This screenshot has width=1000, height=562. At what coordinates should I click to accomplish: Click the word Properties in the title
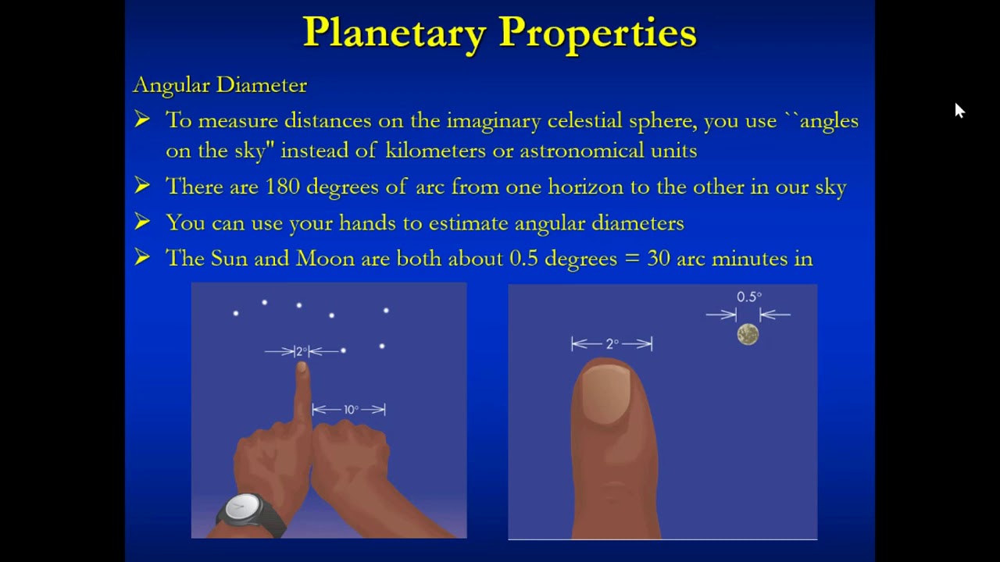click(x=598, y=33)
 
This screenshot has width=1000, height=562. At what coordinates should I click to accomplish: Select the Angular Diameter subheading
click(x=220, y=84)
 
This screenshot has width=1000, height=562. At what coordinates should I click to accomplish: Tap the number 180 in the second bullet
click(x=283, y=187)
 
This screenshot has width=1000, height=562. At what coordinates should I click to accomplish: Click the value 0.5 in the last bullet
click(x=523, y=258)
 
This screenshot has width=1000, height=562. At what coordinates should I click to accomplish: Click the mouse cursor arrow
click(x=959, y=110)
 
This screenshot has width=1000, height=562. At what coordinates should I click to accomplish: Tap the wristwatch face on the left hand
click(x=243, y=508)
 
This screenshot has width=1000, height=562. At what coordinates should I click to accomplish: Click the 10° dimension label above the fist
click(x=351, y=409)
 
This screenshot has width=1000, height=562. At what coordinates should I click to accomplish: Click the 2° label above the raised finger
click(x=301, y=351)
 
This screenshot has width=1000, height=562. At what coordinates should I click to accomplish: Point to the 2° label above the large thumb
click(x=611, y=343)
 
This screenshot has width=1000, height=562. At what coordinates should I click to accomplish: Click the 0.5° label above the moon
click(x=748, y=297)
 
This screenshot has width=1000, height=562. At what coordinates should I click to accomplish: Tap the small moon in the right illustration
click(x=748, y=335)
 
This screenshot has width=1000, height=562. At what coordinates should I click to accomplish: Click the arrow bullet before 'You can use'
click(x=142, y=222)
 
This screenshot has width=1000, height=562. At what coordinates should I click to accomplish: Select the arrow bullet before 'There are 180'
click(x=142, y=186)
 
